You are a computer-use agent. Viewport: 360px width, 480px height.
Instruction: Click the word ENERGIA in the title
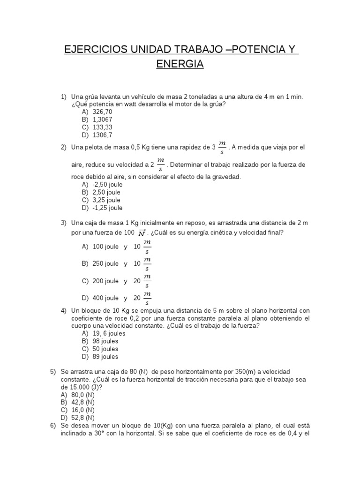(180, 65)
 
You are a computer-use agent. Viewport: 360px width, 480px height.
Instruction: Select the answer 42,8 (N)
(82, 402)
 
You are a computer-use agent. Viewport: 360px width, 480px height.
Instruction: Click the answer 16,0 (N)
(82, 410)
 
